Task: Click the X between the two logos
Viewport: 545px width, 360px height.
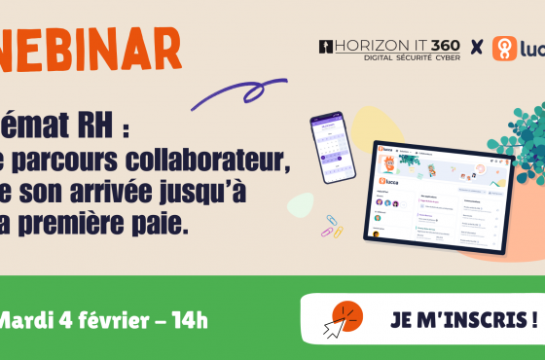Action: click(x=476, y=48)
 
